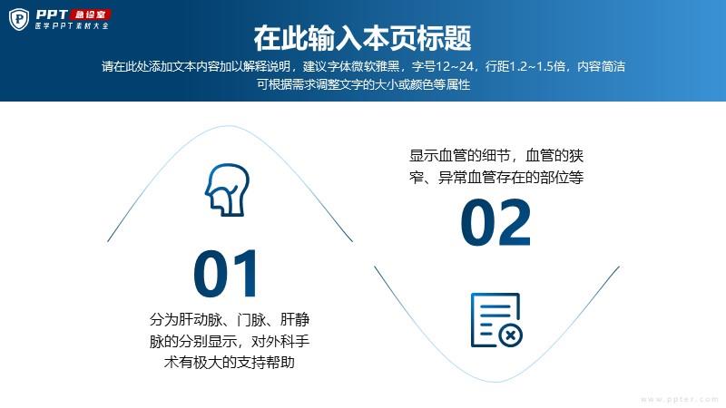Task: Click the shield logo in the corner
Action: pyautogui.click(x=19, y=19)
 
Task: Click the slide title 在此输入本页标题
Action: pyautogui.click(x=362, y=38)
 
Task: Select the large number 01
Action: pyautogui.click(x=225, y=274)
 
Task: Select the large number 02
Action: pyautogui.click(x=495, y=222)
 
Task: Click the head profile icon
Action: pyautogui.click(x=228, y=189)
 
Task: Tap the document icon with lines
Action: pyautogui.click(x=496, y=320)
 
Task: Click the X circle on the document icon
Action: pyautogui.click(x=510, y=335)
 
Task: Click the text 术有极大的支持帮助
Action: pyautogui.click(x=230, y=362)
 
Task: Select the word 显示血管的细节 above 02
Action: pyautogui.click(x=460, y=155)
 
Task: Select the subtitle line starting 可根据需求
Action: pyautogui.click(x=364, y=84)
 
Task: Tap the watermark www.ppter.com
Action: pyautogui.click(x=679, y=399)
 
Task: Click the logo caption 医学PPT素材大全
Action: pyautogui.click(x=72, y=26)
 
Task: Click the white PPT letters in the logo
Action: pyautogui.click(x=52, y=15)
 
